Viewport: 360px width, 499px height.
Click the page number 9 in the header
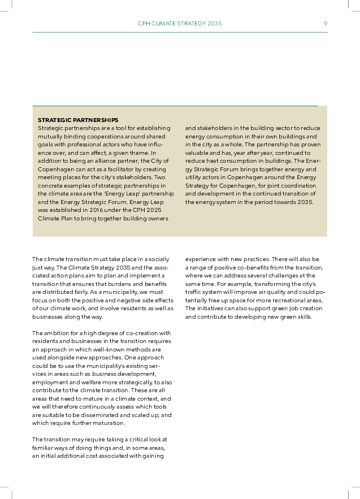click(326, 24)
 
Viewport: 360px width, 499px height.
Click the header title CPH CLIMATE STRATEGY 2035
click(180, 24)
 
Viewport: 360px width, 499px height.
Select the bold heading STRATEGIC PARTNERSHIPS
click(78, 120)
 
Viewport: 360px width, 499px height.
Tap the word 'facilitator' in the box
click(124, 169)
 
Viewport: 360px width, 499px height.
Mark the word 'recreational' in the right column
click(286, 300)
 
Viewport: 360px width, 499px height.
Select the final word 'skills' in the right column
click(304, 316)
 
